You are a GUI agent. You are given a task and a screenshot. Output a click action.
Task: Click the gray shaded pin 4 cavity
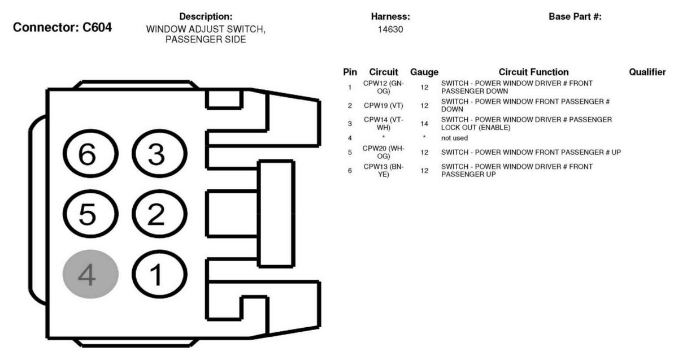pyautogui.click(x=90, y=274)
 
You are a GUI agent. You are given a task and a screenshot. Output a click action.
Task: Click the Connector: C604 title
pyautogui.click(x=62, y=27)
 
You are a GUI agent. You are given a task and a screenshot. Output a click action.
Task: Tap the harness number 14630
pyautogui.click(x=390, y=29)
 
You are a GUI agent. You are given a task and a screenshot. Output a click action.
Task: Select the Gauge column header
pyautogui.click(x=424, y=72)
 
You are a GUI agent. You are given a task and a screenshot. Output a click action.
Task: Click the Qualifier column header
pyautogui.click(x=647, y=72)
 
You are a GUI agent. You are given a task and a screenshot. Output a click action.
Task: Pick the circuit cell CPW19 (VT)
pyautogui.click(x=384, y=105)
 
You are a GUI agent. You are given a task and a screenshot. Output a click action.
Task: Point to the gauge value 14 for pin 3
pyautogui.click(x=424, y=124)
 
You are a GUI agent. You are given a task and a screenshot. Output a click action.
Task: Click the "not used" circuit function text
pyautogui.click(x=454, y=138)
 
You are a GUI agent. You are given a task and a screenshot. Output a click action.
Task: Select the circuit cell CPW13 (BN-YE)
pyautogui.click(x=384, y=171)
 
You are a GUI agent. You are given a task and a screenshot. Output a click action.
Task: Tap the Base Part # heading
pyautogui.click(x=575, y=16)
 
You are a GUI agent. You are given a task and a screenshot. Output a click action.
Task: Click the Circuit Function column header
pyautogui.click(x=533, y=72)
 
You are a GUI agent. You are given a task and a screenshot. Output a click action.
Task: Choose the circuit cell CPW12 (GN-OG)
pyautogui.click(x=384, y=87)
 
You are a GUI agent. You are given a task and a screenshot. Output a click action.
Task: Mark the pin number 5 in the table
pyautogui.click(x=350, y=152)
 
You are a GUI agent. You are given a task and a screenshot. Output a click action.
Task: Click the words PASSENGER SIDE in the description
pyautogui.click(x=206, y=40)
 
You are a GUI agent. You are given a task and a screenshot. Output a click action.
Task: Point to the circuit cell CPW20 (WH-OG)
pyautogui.click(x=384, y=152)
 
